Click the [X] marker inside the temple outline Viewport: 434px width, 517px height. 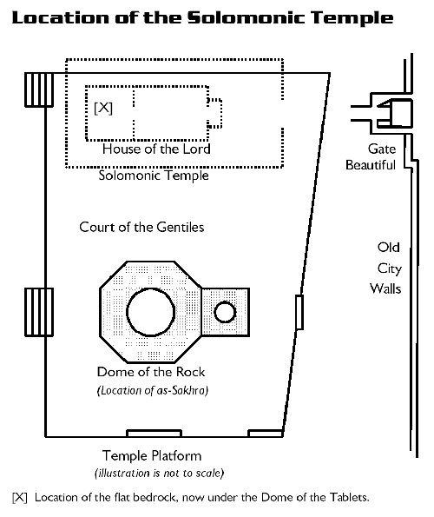[103, 108]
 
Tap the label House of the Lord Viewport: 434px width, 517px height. [156, 149]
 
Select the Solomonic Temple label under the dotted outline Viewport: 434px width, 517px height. [154, 176]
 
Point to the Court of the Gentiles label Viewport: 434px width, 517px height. [141, 227]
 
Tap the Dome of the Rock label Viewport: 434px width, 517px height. [151, 372]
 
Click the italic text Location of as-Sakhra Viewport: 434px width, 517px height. [153, 391]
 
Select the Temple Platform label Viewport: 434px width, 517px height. [152, 456]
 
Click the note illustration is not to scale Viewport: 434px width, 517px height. [160, 474]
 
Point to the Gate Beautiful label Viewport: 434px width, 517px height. [371, 157]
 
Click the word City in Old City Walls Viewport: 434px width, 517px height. [390, 268]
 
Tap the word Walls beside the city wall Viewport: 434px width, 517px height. [385, 288]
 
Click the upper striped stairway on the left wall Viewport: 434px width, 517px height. [39, 89]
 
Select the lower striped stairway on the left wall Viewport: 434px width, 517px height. [39, 312]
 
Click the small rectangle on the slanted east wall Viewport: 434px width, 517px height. [299, 312]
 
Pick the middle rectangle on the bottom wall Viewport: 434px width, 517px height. [155, 434]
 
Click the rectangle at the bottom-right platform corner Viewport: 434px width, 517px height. [266, 434]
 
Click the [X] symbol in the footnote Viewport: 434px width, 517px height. [20, 498]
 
